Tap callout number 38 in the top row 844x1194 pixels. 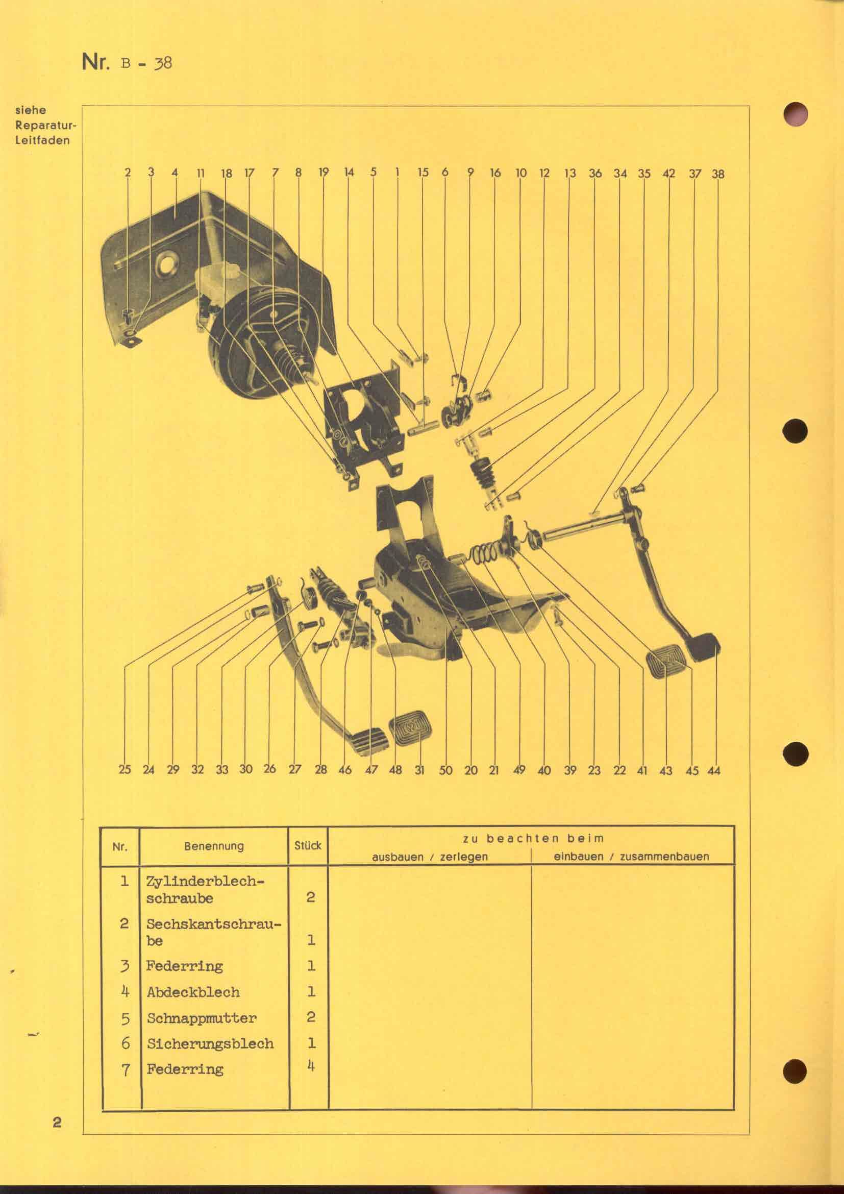(718, 173)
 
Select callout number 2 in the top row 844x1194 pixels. (128, 172)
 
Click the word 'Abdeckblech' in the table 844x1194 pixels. (193, 992)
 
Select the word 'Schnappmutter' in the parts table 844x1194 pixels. (202, 1018)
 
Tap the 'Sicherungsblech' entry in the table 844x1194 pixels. (210, 1043)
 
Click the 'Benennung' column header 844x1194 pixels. (214, 845)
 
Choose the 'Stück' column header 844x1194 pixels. (308, 845)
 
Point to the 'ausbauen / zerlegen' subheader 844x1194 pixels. (430, 857)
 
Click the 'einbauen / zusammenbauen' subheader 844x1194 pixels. (631, 857)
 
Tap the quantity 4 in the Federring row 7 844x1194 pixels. (311, 1066)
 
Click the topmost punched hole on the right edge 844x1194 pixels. (795, 113)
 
